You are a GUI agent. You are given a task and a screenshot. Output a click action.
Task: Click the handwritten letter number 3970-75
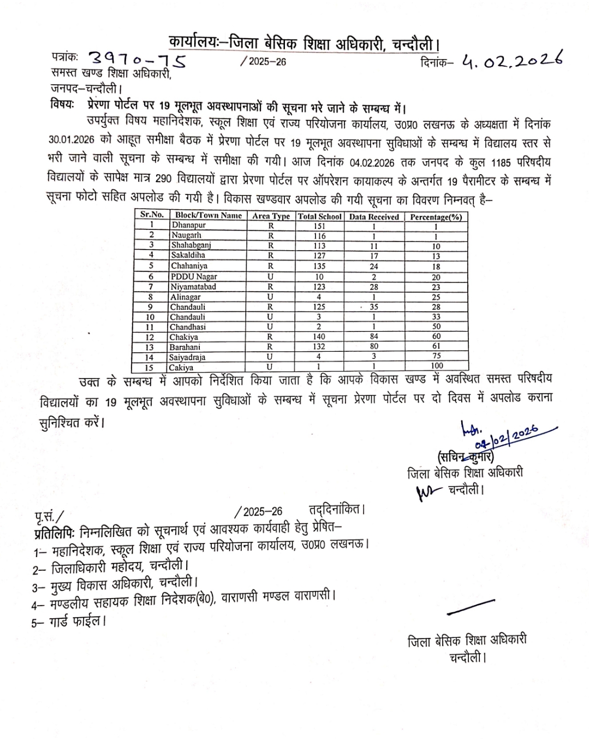pyautogui.click(x=136, y=60)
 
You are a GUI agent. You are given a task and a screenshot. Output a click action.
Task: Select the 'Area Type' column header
pyautogui.click(x=271, y=216)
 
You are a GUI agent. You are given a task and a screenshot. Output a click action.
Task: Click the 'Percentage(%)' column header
pyautogui.click(x=436, y=217)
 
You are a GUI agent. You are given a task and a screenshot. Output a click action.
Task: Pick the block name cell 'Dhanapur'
pyautogui.click(x=188, y=225)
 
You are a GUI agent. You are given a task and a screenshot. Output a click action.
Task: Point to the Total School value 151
pyautogui.click(x=319, y=226)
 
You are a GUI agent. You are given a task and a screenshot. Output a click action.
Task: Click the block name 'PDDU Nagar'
pyautogui.click(x=194, y=276)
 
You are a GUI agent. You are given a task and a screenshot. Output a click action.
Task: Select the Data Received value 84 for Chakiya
pyautogui.click(x=374, y=336)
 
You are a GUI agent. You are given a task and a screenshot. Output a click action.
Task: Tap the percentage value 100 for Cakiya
pyautogui.click(x=436, y=366)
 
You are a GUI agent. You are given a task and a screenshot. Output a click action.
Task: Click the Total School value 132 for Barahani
pyautogui.click(x=319, y=347)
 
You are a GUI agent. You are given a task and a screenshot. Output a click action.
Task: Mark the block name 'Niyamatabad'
pyautogui.click(x=193, y=287)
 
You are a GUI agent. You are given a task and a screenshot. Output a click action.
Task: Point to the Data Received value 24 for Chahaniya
pyautogui.click(x=374, y=267)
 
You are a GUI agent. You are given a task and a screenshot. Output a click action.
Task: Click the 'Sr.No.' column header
pyautogui.click(x=152, y=215)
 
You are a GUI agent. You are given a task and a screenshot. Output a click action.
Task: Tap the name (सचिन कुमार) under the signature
pyautogui.click(x=466, y=456)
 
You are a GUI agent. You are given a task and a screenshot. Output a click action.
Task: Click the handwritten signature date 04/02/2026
pyautogui.click(x=506, y=435)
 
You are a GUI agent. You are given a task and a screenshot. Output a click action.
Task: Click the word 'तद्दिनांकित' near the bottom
pyautogui.click(x=336, y=510)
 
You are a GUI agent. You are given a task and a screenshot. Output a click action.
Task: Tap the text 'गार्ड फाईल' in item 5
pyautogui.click(x=77, y=622)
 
